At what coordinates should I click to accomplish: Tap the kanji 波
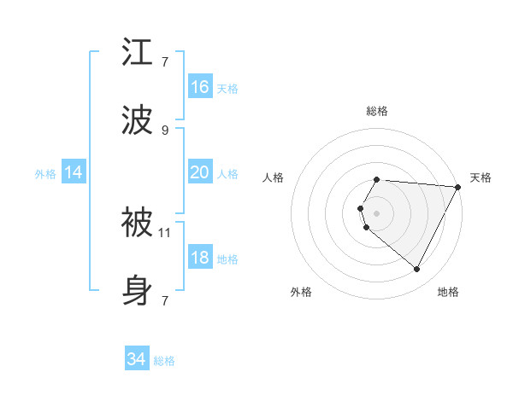tap(139, 120)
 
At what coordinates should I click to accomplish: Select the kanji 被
tap(139, 223)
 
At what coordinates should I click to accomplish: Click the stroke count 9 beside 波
tap(165, 130)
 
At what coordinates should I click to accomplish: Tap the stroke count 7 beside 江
tap(165, 62)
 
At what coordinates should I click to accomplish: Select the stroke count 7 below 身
tap(165, 300)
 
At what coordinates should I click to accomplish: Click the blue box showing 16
tap(200, 87)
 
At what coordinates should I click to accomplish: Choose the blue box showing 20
tap(200, 172)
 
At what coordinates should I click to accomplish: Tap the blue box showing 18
tap(200, 258)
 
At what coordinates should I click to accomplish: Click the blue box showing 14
tap(74, 172)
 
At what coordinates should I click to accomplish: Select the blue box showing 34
tap(137, 359)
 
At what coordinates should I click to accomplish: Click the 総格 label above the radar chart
tap(377, 111)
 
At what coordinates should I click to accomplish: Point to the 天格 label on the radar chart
tap(481, 177)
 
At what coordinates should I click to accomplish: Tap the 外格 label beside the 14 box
tap(45, 173)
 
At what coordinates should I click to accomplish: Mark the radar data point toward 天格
tap(458, 187)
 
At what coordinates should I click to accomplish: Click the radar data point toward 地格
tap(416, 270)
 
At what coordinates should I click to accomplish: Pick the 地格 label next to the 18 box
tap(227, 259)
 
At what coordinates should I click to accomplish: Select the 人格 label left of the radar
tap(274, 177)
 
